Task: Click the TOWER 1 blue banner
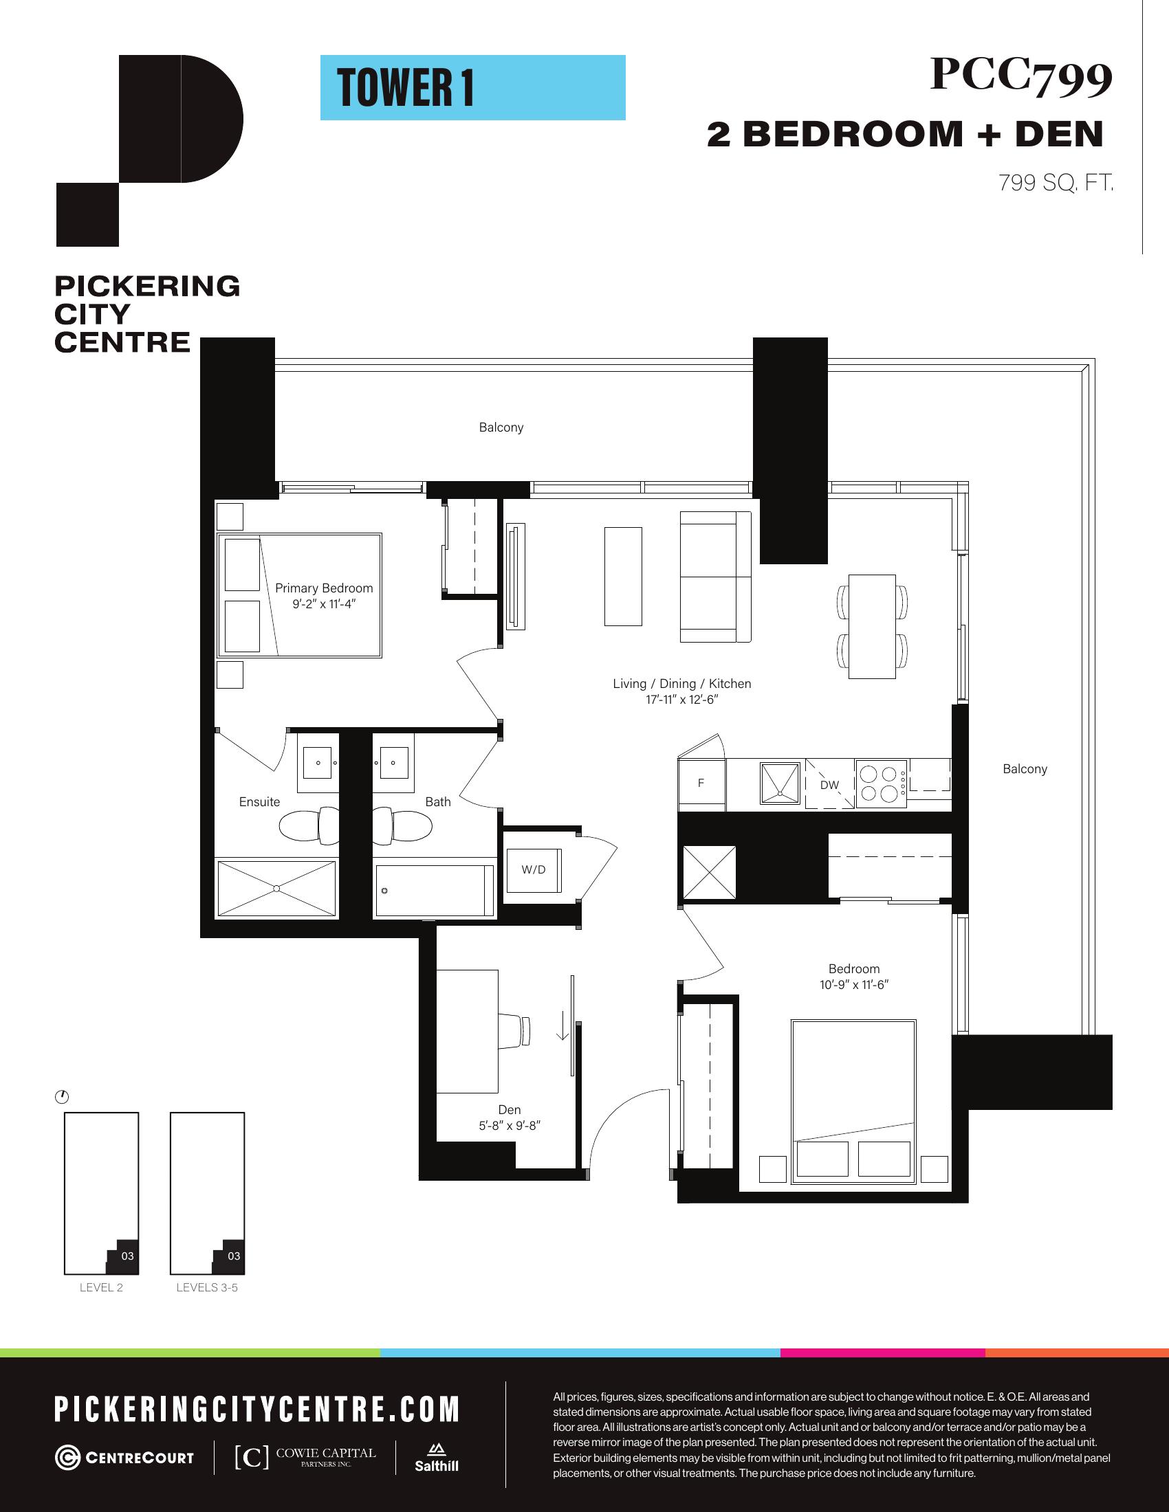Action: pyautogui.click(x=472, y=87)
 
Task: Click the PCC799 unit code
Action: pyautogui.click(x=1020, y=76)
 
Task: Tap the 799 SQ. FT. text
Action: pyautogui.click(x=1056, y=183)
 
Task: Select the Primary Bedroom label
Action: pyautogui.click(x=324, y=588)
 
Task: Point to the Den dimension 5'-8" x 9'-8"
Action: pyautogui.click(x=509, y=1126)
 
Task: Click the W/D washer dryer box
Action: pyautogui.click(x=532, y=869)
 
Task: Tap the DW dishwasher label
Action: pyautogui.click(x=829, y=785)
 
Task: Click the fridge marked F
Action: pyautogui.click(x=701, y=783)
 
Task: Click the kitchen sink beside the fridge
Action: pyautogui.click(x=780, y=783)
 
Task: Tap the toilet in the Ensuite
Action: pyautogui.click(x=309, y=825)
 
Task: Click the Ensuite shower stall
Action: pyautogui.click(x=276, y=888)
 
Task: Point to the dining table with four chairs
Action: pyautogui.click(x=873, y=627)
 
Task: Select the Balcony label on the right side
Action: pyautogui.click(x=1025, y=768)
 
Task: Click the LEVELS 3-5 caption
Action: pyautogui.click(x=207, y=1287)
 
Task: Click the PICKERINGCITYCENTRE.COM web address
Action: pyautogui.click(x=257, y=1409)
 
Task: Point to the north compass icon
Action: pyautogui.click(x=62, y=1098)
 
